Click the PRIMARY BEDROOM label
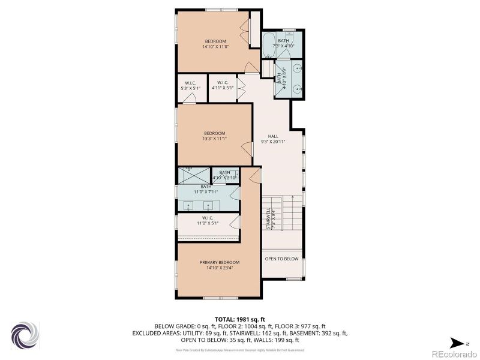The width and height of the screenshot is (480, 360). coord(220,262)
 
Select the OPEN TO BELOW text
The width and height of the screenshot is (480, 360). coord(281,259)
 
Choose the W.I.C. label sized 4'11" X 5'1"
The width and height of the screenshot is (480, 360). coord(222,88)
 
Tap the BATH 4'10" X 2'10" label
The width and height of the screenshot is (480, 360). coord(224,175)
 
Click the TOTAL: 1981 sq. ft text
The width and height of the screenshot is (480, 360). coord(239,319)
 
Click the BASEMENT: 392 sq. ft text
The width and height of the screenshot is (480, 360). coord(319,332)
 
